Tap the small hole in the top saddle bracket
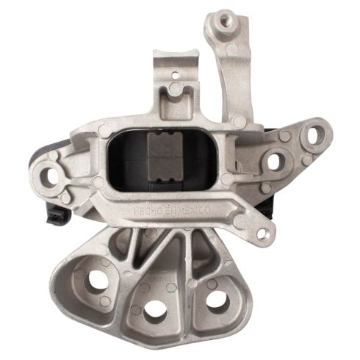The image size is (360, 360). click(174, 74)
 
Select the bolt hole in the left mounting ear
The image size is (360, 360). click(51, 176)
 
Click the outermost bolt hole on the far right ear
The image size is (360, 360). click(314, 135)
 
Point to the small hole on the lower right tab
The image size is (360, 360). click(262, 234)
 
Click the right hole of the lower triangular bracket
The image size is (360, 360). click(217, 299)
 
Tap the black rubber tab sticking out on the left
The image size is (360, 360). click(54, 215)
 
